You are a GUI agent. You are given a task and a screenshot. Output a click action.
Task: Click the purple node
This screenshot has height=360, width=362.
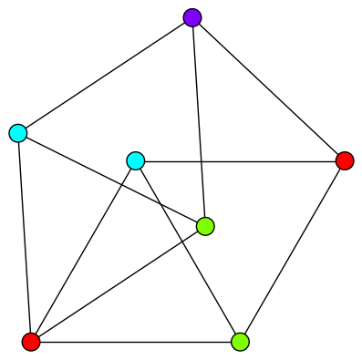point(191,17)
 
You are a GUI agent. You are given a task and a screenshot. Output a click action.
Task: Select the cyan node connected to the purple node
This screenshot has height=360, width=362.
point(18,133)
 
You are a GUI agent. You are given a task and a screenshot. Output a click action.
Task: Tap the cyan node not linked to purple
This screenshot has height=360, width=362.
point(136,161)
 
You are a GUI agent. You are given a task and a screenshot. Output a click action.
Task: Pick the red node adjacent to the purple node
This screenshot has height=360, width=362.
point(345,161)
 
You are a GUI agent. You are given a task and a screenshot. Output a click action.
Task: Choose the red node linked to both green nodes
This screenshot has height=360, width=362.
point(31,342)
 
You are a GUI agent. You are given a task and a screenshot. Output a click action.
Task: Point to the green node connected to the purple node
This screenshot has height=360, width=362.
point(205,226)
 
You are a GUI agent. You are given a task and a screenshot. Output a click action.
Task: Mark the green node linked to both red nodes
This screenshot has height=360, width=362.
point(240,342)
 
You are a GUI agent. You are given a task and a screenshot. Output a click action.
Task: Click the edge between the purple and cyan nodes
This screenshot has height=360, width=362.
point(105,75)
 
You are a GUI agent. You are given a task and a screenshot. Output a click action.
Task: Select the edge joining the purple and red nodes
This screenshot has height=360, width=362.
point(268,89)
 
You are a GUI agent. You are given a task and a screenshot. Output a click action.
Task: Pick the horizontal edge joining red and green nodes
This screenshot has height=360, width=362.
point(135,342)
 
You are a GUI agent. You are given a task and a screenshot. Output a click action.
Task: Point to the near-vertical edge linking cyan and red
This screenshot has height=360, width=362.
point(25,237)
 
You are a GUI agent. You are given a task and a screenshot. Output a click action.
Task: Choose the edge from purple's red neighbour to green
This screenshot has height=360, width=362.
point(292,252)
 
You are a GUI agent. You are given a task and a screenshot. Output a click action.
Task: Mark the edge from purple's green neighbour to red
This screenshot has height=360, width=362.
point(119,283)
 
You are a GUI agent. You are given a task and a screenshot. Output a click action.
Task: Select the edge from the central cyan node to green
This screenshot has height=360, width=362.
point(188,252)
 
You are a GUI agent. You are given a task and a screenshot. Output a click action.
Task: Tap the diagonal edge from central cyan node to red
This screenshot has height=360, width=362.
point(83,252)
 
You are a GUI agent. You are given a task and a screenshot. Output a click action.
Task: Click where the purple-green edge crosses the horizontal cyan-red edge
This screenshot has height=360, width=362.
point(201,161)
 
